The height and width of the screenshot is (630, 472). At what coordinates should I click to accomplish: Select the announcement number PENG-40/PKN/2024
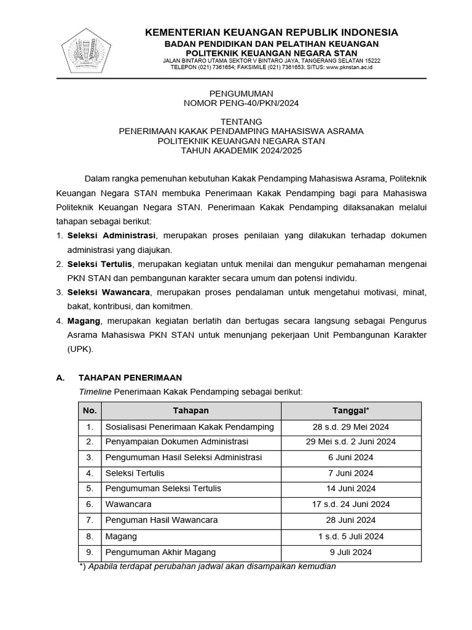tap(241, 103)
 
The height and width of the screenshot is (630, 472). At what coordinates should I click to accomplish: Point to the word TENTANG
tap(241, 121)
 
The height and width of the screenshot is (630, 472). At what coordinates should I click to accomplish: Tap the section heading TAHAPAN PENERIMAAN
tap(130, 378)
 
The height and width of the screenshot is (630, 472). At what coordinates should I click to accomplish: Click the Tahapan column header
tap(191, 410)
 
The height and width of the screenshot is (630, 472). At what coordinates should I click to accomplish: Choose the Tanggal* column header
tap(351, 410)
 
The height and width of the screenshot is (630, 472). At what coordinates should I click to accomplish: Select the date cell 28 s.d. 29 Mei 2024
tap(351, 427)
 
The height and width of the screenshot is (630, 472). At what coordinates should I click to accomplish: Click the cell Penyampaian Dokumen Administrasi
tap(176, 442)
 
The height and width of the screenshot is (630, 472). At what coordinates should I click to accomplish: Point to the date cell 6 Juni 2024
tap(351, 457)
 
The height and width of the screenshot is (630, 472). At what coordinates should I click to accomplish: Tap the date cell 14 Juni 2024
tap(351, 488)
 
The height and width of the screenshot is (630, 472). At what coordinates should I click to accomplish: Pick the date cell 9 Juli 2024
tap(351, 552)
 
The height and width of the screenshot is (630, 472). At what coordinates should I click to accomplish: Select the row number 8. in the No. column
tap(90, 536)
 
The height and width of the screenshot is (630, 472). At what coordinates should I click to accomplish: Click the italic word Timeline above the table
tap(95, 391)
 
